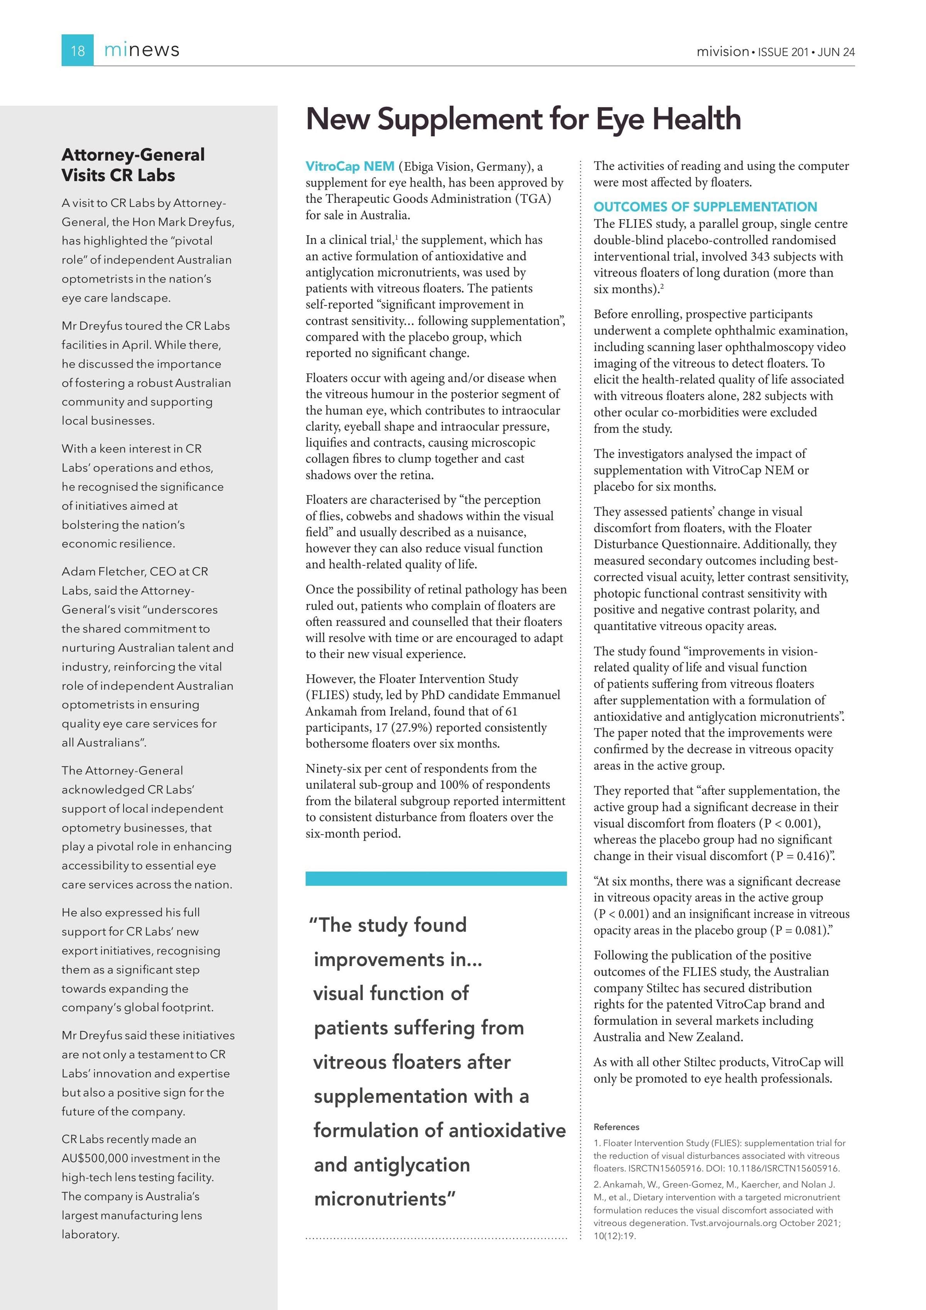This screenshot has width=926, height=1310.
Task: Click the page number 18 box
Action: [x=77, y=50]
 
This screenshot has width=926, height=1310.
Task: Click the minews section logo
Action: [x=142, y=50]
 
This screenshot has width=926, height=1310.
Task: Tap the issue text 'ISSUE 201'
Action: [x=783, y=52]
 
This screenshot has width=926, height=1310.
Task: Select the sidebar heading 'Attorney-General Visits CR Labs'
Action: [x=133, y=165]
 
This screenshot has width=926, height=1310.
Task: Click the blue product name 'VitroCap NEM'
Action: [x=350, y=167]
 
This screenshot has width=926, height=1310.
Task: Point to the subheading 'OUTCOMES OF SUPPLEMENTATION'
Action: [x=705, y=207]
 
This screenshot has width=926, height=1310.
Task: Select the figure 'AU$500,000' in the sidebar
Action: [x=95, y=1158]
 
